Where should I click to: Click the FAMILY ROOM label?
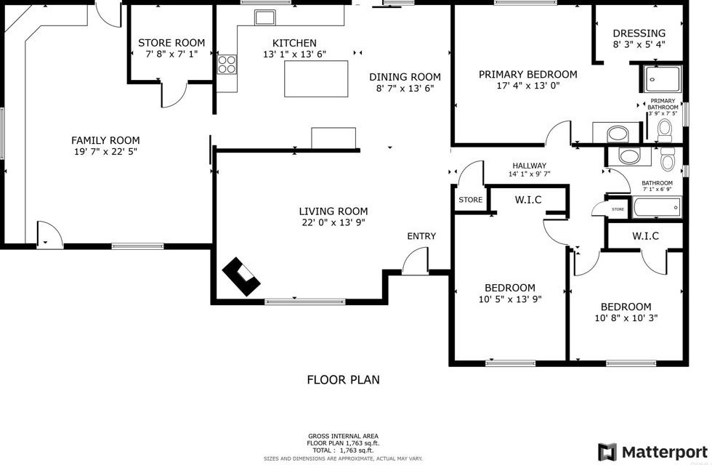click(105, 140)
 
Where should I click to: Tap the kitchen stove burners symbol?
click(227, 64)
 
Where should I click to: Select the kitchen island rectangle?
click(315, 78)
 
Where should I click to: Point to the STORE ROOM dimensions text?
click(171, 54)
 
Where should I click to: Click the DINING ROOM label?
click(405, 77)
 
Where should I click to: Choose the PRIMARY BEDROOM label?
click(527, 74)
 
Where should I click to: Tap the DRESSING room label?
click(639, 33)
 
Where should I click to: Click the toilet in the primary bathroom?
click(664, 130)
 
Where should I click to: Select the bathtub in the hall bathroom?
click(656, 209)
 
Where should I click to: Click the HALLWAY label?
click(529, 166)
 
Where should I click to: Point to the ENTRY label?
click(421, 236)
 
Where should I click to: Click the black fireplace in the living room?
click(241, 277)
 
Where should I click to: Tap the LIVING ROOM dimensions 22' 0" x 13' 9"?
click(331, 223)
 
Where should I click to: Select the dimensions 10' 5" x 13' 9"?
click(509, 299)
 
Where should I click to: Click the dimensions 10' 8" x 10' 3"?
click(626, 318)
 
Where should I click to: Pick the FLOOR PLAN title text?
click(343, 379)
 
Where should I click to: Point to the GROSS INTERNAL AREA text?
click(343, 436)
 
